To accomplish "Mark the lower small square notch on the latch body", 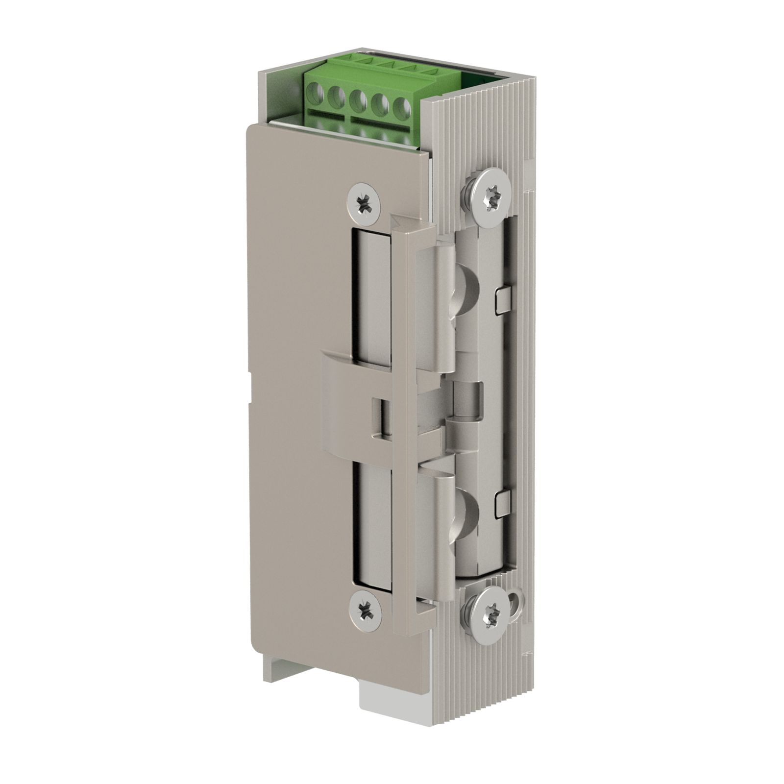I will (x=502, y=503).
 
